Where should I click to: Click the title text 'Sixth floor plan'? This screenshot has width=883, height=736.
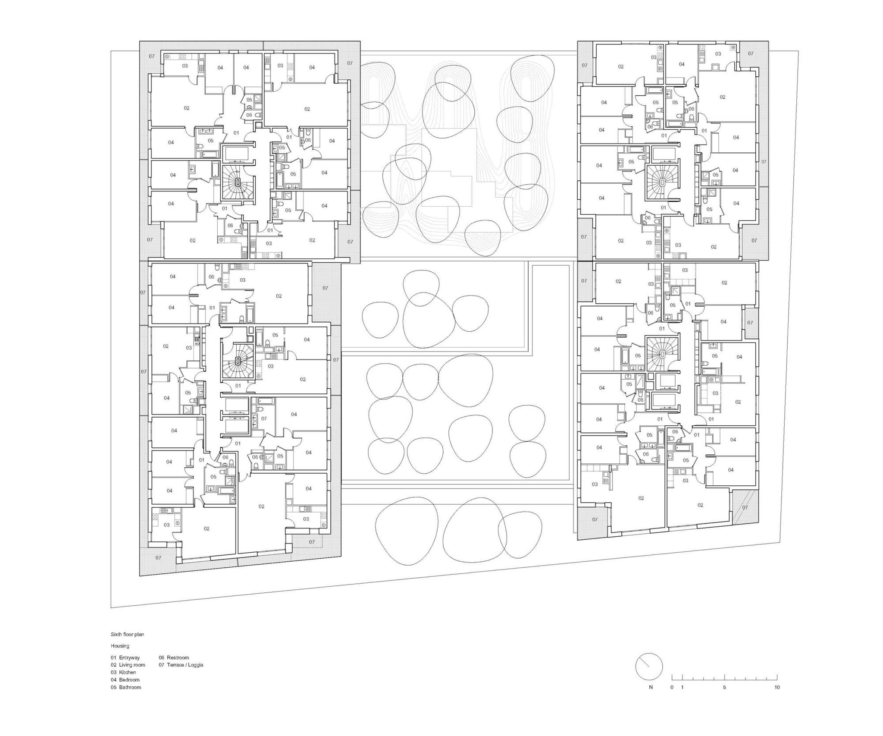pos(127,635)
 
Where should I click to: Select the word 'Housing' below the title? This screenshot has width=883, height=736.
pos(120,646)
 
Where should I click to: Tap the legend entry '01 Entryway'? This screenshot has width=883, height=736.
pos(125,657)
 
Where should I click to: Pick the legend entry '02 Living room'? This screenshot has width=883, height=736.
pos(128,665)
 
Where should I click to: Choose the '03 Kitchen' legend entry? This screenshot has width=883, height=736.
pos(123,672)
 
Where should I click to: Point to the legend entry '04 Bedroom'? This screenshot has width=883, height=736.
pos(125,679)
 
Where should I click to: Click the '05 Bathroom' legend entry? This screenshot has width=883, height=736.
pos(126,687)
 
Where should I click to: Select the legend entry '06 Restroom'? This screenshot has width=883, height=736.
pos(174,657)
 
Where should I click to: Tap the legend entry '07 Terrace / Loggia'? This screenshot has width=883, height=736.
pos(181,665)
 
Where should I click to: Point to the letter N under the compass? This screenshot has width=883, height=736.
pos(651,687)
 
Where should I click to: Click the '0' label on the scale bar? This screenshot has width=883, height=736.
pos(672,687)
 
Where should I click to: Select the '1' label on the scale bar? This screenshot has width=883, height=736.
pos(682,687)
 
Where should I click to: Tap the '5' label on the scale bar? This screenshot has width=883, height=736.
pos(724,687)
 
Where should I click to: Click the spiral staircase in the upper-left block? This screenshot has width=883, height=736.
pos(237,182)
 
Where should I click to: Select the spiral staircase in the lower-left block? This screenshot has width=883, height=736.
pos(238,360)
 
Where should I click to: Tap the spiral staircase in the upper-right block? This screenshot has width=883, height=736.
pos(662,183)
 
